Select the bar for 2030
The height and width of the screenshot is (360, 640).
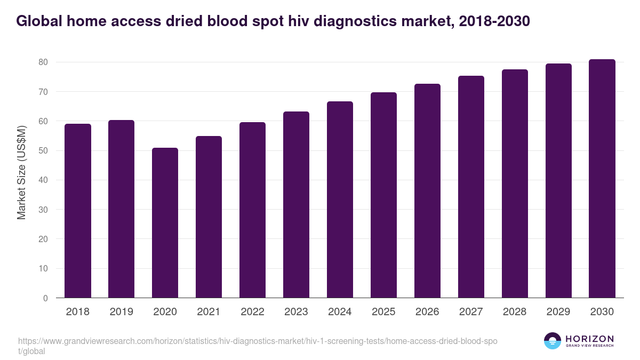pos(602,179)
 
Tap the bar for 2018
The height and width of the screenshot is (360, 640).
pos(78,211)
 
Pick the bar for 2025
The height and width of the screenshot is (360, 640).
pos(383,195)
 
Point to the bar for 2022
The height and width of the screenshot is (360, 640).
pos(252,210)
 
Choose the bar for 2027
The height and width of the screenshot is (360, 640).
pos(471,187)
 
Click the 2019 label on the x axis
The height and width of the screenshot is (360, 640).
pos(122,312)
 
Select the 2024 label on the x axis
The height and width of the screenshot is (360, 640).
pos(340,312)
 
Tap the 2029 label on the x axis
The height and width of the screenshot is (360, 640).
pos(558,312)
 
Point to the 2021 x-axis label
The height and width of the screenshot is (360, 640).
pos(209,312)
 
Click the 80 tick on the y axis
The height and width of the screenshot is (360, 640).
pos(43,62)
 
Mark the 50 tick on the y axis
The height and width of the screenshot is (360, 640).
pos(43,151)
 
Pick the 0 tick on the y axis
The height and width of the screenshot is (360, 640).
pos(45,298)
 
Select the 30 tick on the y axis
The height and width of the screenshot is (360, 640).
pos(43,210)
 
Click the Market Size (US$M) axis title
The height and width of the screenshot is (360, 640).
pos(21,172)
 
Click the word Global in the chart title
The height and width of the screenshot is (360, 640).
pos(40,21)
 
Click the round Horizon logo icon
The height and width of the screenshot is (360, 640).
pos(552,341)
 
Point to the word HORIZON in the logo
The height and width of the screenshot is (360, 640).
pos(589,339)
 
